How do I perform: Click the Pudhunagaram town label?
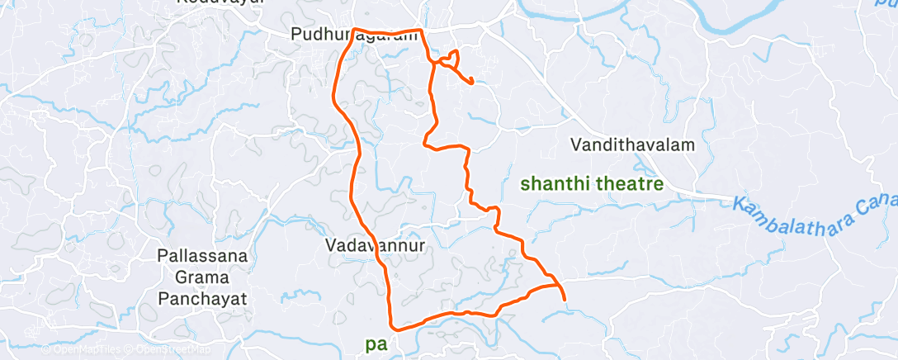[354, 36]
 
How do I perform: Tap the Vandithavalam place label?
[633, 144]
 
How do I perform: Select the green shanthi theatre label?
[592, 184]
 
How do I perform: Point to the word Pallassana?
[202, 256]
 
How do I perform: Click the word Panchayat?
[202, 297]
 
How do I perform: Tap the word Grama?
[202, 277]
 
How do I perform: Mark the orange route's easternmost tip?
[564, 299]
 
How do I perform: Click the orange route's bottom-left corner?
[394, 326]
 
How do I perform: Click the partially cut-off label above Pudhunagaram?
[220, 2]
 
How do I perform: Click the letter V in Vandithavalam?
[576, 144]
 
